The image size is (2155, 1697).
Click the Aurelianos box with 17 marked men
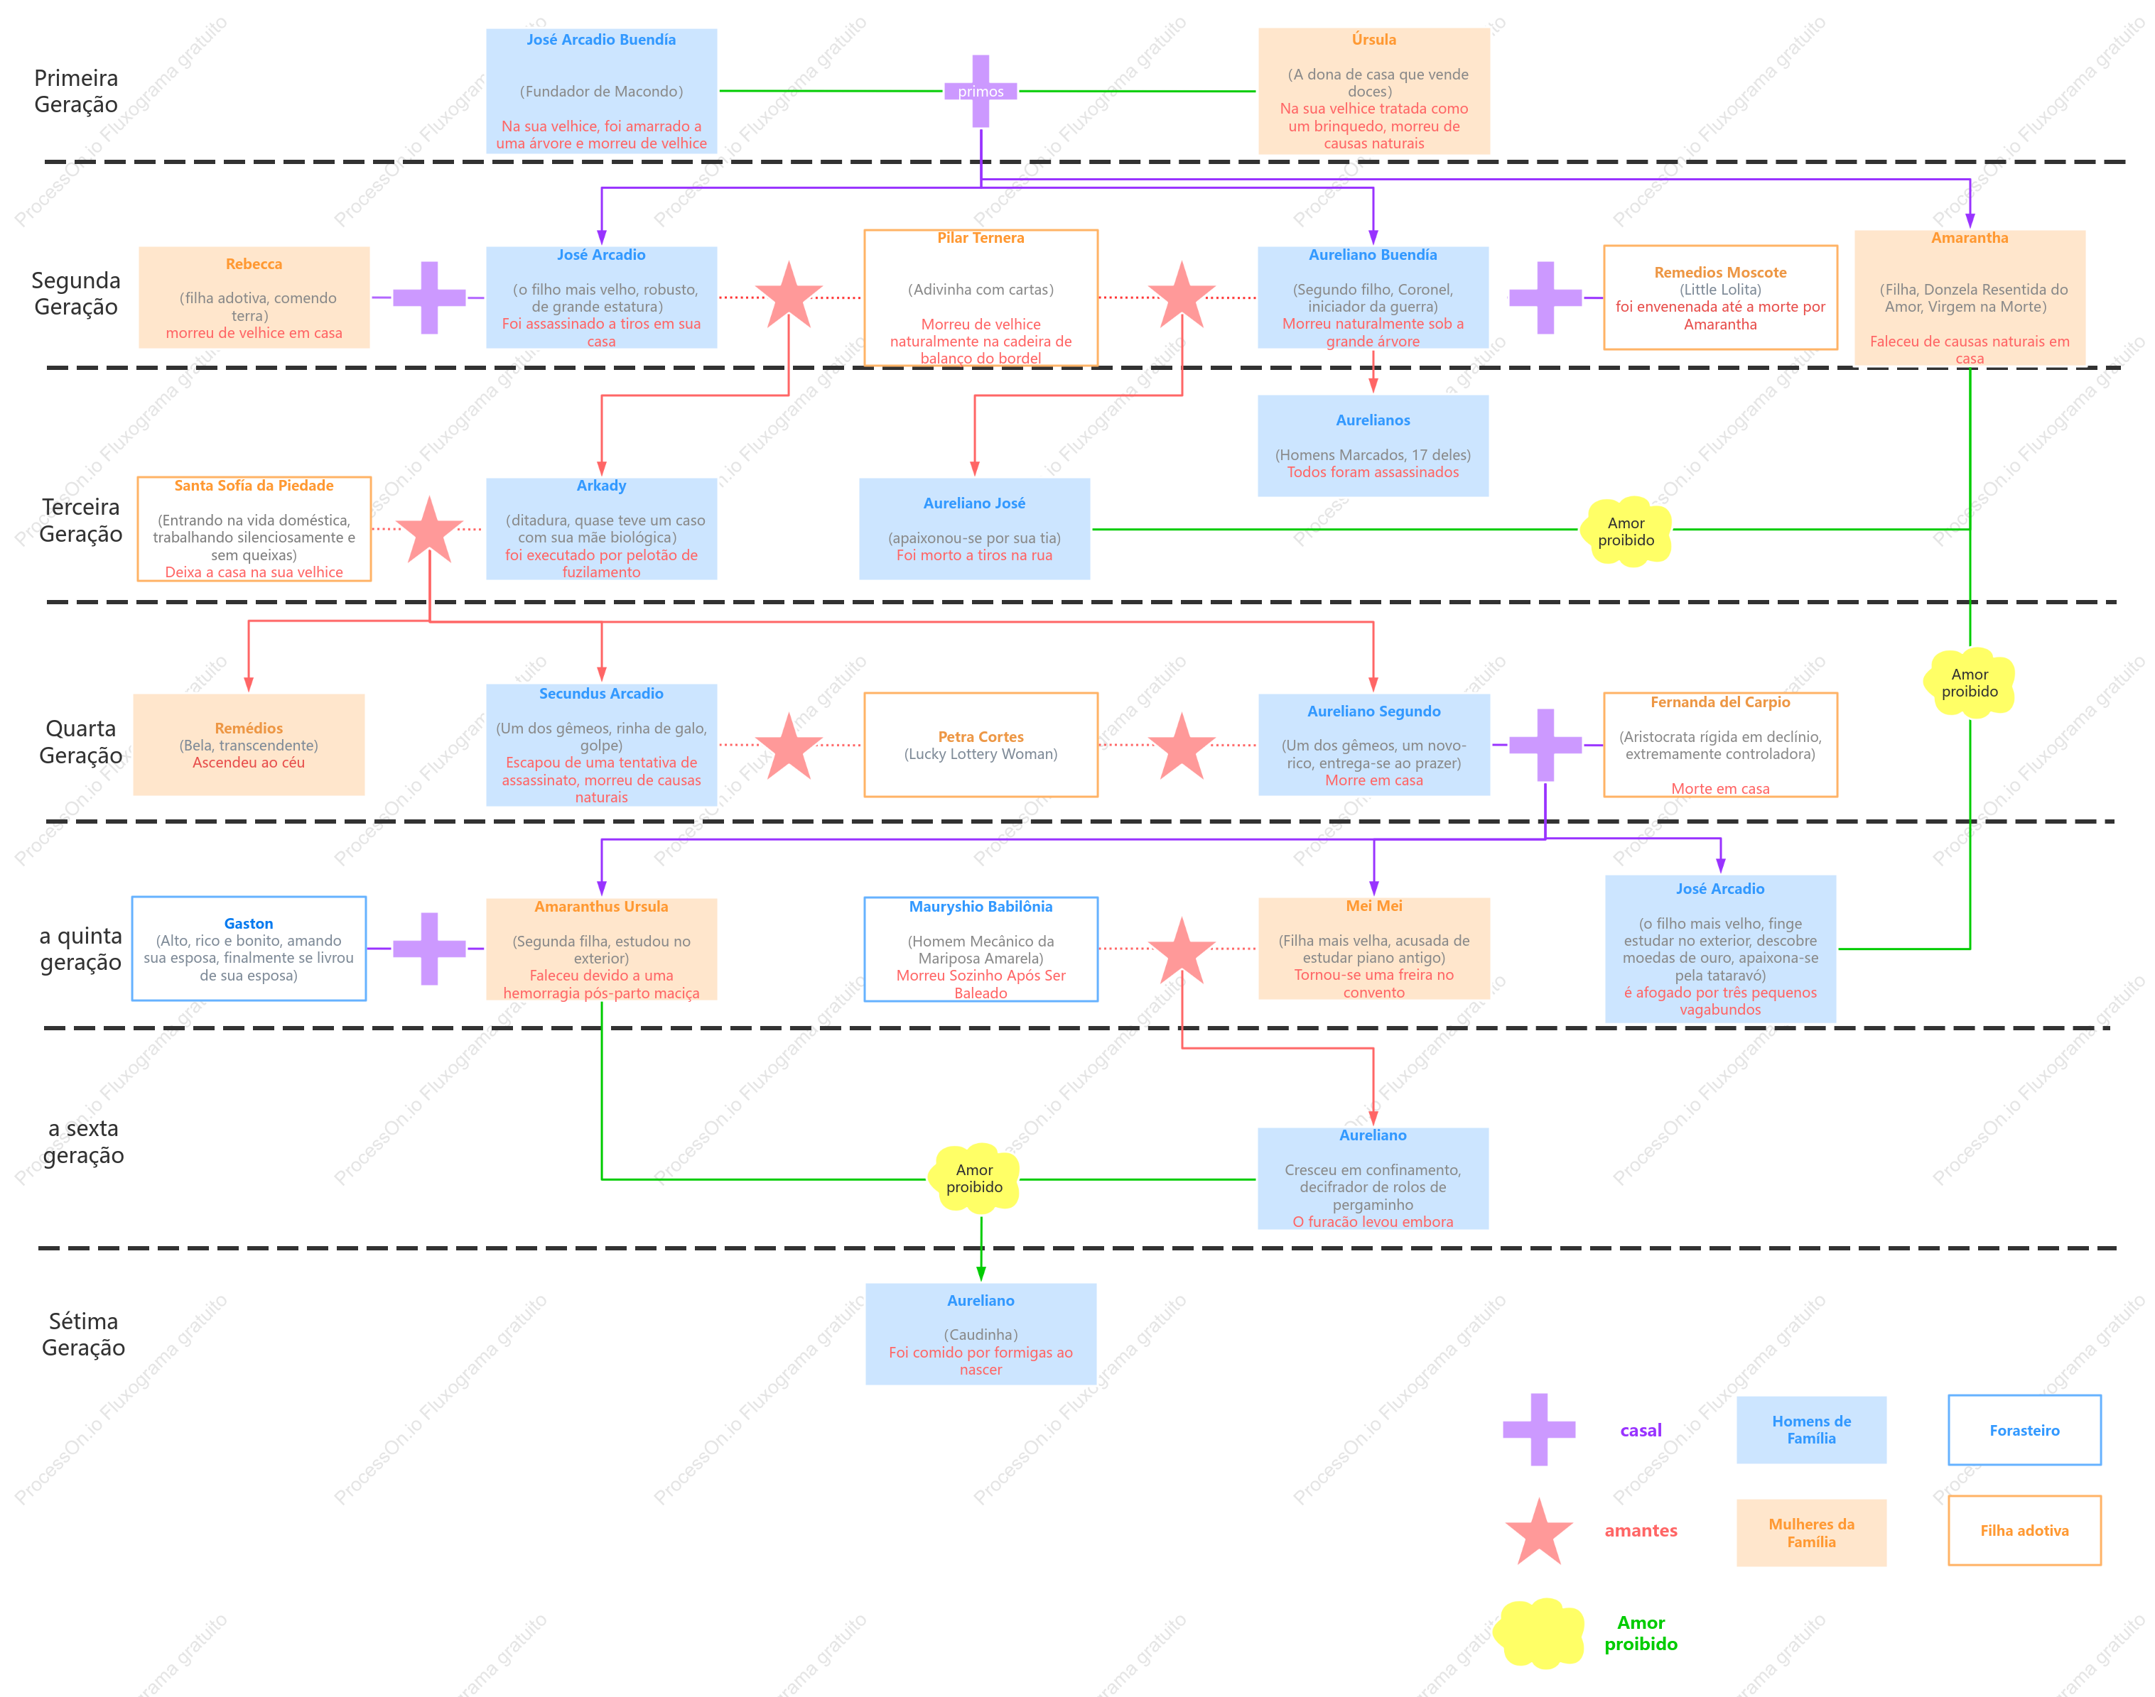point(1373,445)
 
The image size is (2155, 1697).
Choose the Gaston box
point(249,949)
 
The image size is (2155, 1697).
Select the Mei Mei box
point(1373,948)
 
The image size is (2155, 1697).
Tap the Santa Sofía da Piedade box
point(254,528)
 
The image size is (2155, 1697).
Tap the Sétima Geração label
point(84,1333)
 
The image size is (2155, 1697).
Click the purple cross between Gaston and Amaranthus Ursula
point(429,949)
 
